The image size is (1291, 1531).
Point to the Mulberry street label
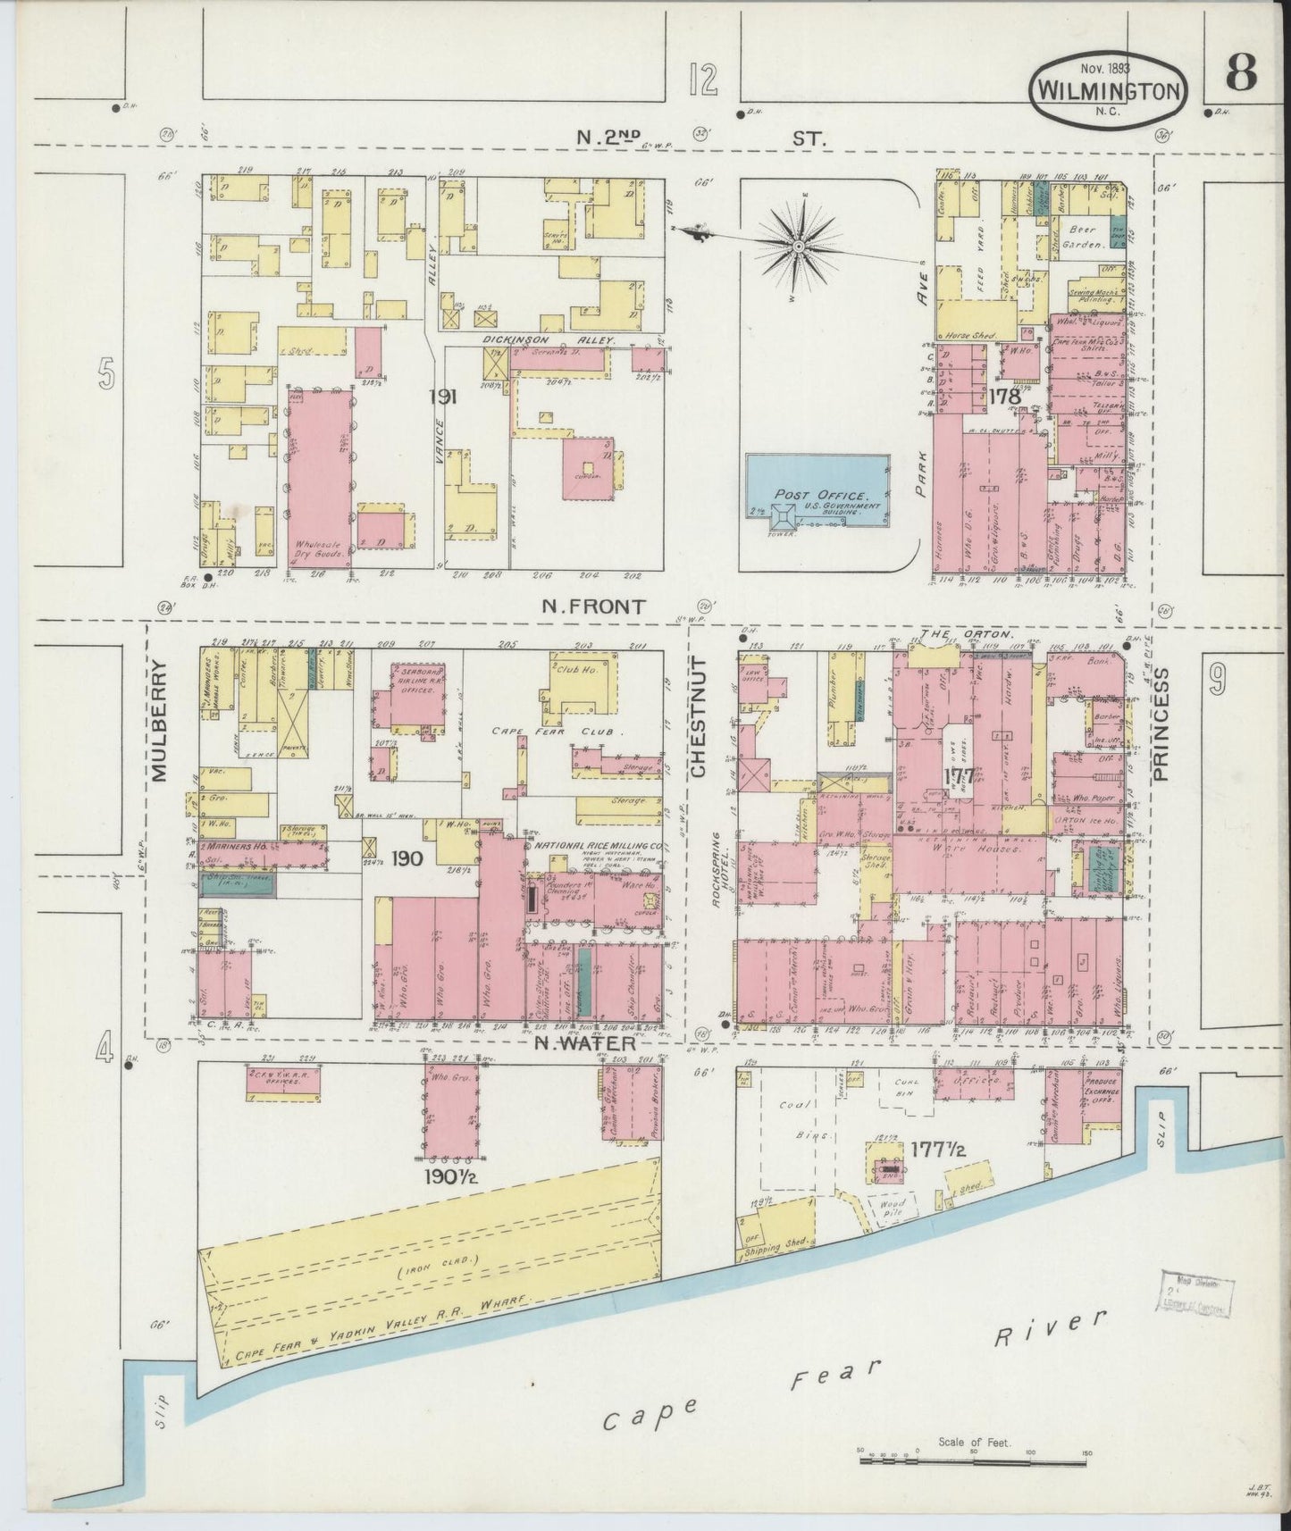click(160, 720)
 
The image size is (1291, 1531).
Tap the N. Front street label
click(592, 607)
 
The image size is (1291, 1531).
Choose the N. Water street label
click(585, 1043)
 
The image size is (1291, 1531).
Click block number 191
click(442, 397)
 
